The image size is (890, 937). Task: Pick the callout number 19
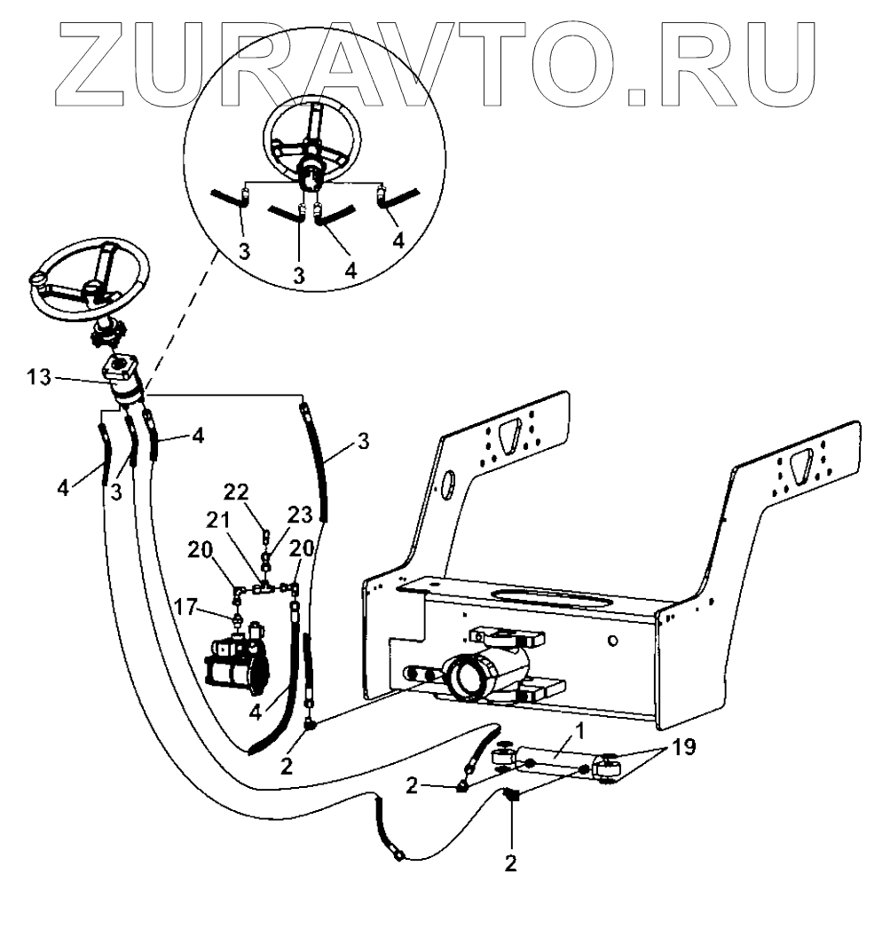coord(684,748)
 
